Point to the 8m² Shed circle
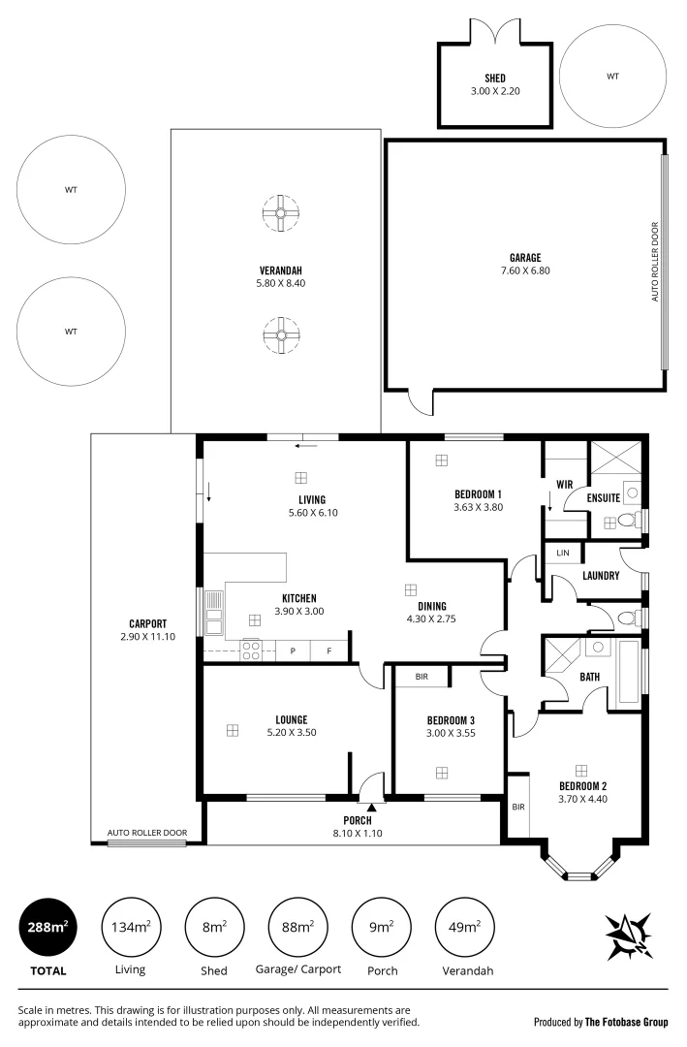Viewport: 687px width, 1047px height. pos(213,928)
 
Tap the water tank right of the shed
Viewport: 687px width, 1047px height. pos(612,76)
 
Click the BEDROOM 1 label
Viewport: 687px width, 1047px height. pos(477,493)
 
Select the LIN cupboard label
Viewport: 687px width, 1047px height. pos(563,553)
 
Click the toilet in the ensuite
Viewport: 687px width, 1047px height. pos(626,522)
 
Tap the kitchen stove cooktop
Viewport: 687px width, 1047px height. pos(250,651)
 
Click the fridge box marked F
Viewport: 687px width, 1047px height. pos(328,651)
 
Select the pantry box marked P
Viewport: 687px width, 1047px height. pos(293,651)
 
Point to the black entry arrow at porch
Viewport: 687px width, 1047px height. pos(371,794)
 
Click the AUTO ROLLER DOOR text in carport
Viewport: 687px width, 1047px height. pos(146,833)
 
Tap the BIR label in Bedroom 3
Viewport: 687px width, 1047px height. pos(422,676)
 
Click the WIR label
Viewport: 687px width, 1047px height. pos(565,484)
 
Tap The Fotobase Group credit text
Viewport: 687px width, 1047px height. pos(600,1021)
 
